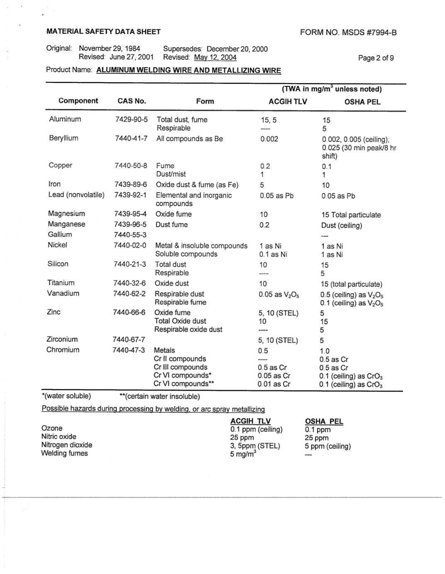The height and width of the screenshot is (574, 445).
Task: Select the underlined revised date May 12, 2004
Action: [x=215, y=57]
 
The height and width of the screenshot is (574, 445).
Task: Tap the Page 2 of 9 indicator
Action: [x=376, y=58]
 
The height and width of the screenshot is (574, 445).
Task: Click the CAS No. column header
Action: [x=132, y=101]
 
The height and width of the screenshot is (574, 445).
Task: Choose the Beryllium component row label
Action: [x=63, y=138]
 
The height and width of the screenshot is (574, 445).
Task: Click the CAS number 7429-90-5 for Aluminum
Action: [x=131, y=119]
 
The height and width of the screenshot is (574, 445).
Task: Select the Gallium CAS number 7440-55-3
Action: [x=130, y=235]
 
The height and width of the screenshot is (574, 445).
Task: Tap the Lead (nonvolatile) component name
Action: [x=76, y=194]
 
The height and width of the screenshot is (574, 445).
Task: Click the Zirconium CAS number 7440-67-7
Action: [x=129, y=339]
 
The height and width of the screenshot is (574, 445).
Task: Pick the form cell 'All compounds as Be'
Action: [x=190, y=139]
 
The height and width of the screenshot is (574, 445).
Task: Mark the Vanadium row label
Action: [x=63, y=293]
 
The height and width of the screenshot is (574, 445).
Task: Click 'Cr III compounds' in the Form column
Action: [x=180, y=367]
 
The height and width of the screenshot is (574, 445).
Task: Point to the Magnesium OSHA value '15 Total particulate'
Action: [x=351, y=215]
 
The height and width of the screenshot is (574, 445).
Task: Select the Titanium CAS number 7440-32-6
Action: [x=130, y=283]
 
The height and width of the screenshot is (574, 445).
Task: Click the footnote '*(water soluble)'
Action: [x=66, y=396]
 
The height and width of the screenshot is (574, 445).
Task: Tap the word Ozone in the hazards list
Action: [x=52, y=428]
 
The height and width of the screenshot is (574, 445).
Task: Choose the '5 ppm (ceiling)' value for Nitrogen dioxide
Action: [x=328, y=446]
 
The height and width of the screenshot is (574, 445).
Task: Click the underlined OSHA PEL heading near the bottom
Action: [x=324, y=421]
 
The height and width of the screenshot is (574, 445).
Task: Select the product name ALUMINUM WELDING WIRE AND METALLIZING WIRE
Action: [x=189, y=70]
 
